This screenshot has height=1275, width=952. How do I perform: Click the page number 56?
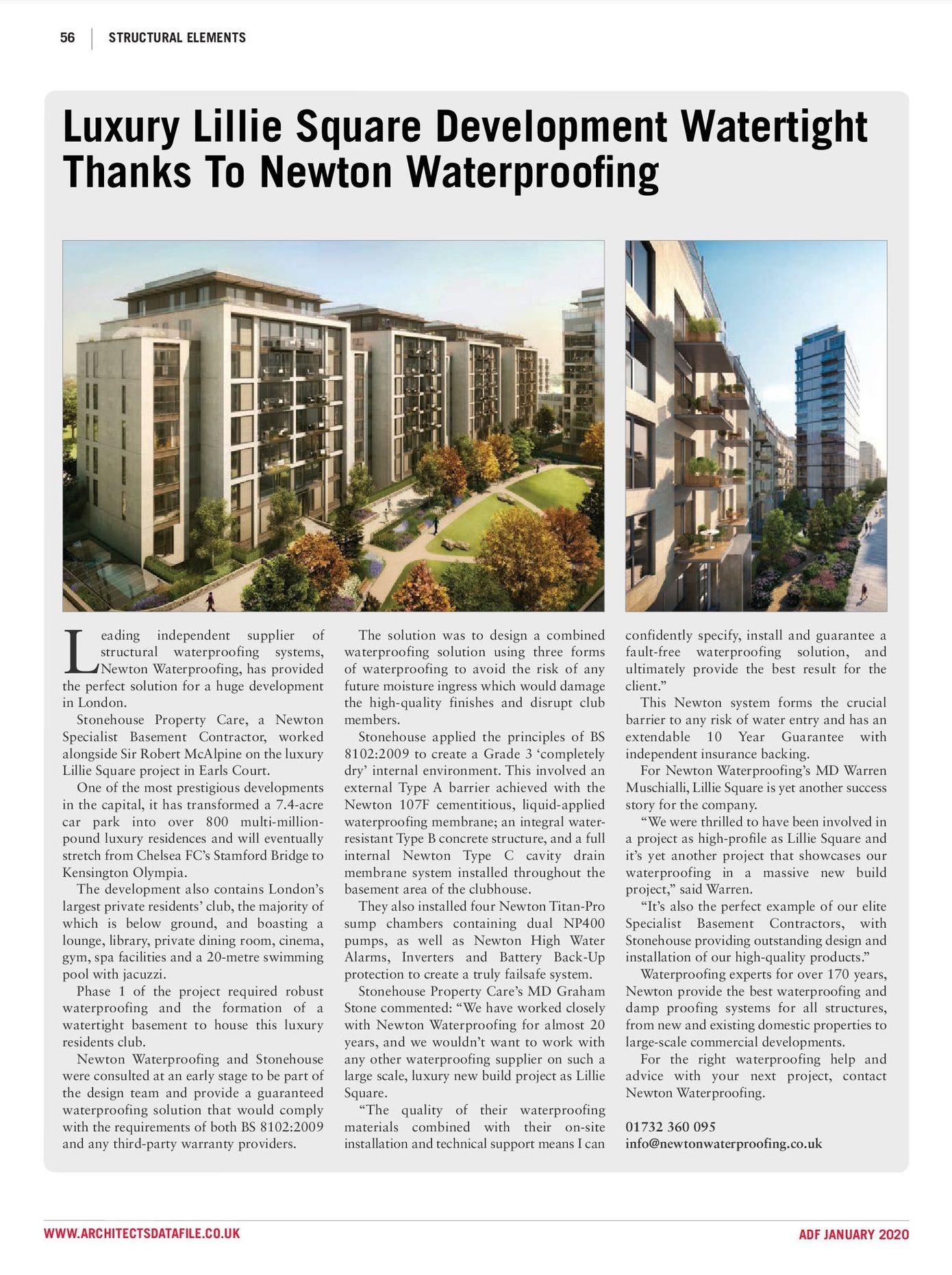67,38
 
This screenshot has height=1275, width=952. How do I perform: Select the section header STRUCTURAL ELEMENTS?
177,38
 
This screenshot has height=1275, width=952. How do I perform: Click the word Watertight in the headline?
774,127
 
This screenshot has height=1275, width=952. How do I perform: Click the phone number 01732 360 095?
670,1127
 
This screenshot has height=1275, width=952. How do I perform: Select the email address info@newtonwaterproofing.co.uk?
723,1144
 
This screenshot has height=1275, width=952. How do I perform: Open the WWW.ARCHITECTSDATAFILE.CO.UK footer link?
142,1234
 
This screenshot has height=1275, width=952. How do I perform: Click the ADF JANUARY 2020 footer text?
853,1235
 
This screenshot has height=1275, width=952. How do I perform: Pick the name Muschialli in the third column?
657,788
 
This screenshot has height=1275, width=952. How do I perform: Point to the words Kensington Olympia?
124,872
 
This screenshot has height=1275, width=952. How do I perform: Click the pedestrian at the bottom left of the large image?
210,601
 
